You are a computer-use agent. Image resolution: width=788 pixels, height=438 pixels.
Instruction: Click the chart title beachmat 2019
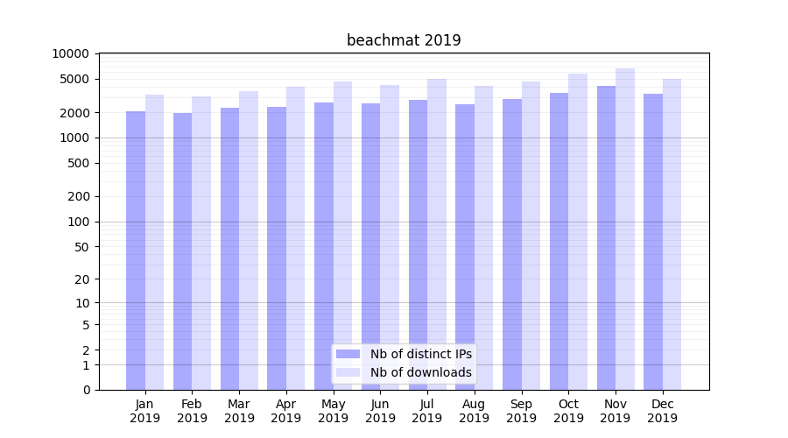point(404,40)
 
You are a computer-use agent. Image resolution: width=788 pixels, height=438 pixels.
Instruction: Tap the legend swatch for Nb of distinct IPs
point(348,354)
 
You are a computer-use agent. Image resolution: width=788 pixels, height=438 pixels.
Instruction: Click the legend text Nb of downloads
point(421,372)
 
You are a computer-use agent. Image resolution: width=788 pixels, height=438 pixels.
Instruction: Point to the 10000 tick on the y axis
point(70,53)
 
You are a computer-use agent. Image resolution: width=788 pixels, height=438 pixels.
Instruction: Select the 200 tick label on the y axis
point(77,196)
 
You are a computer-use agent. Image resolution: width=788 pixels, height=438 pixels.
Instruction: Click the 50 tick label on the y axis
point(81,247)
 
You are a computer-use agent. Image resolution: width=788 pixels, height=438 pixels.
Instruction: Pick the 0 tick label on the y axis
point(86,390)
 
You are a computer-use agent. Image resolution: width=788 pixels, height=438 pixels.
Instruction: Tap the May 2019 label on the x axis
point(334,411)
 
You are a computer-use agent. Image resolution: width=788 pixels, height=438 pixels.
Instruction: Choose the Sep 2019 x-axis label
point(521,411)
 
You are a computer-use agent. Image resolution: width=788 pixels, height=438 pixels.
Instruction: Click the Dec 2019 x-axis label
point(662,411)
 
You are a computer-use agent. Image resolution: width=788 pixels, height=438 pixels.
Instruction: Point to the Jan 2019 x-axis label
point(145,411)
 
